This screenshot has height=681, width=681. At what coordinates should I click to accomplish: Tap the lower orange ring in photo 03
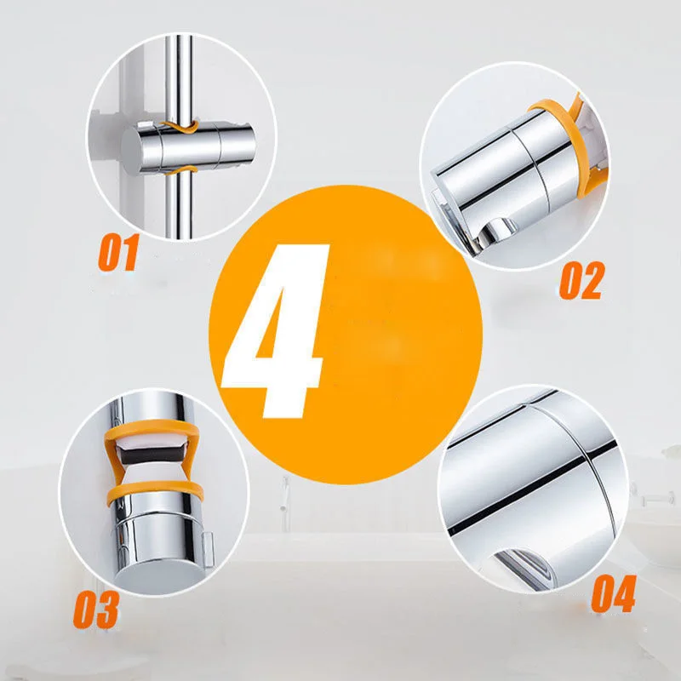157,494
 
